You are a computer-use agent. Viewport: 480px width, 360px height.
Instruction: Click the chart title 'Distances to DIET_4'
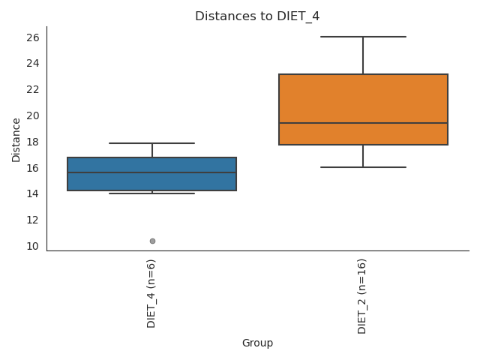(257, 16)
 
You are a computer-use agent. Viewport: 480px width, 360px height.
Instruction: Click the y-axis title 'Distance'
(16, 139)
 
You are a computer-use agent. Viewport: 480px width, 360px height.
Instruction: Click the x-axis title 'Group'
(257, 343)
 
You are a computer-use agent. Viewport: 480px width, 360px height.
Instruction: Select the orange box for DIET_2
(363, 97)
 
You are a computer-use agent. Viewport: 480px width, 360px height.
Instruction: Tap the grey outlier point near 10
(152, 241)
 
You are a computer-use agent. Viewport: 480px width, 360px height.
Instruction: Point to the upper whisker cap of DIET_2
(363, 37)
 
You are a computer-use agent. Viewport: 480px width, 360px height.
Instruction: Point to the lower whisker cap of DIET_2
(363, 166)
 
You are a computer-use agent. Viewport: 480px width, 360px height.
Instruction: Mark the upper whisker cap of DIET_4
(151, 143)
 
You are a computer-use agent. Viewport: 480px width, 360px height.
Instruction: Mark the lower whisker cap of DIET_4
(151, 193)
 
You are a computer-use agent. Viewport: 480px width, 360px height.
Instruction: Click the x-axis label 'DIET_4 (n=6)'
(151, 293)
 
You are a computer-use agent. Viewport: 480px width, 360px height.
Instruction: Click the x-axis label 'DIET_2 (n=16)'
(363, 296)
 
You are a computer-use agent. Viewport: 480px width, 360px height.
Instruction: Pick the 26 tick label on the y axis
(33, 37)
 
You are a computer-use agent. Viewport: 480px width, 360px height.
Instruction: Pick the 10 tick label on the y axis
(33, 246)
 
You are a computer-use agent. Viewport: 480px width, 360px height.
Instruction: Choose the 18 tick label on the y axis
(33, 142)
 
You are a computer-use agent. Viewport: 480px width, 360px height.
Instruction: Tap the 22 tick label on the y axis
(33, 89)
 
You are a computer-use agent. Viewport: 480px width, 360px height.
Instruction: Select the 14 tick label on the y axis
(33, 193)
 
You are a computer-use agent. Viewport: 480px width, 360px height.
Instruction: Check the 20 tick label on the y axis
(33, 115)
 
